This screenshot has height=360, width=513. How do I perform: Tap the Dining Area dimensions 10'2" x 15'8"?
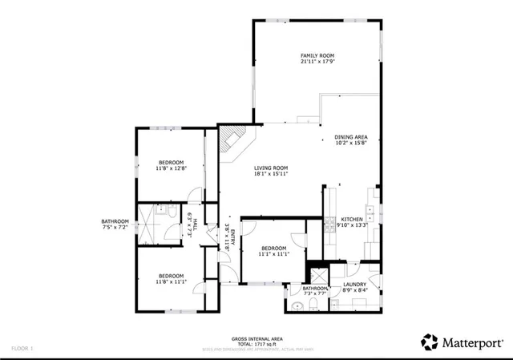350,144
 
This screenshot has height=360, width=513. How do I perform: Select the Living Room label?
271,168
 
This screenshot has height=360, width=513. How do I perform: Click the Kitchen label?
353,219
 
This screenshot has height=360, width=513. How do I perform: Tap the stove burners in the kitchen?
331,227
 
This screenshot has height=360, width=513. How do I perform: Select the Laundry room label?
355,284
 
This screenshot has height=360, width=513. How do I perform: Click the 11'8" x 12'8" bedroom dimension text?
170,168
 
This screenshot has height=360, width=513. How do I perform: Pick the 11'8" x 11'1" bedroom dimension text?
170,281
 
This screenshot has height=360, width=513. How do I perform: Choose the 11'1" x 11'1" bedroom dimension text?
273,254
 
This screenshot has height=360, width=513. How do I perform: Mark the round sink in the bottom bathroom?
297,305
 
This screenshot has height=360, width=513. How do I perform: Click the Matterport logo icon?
430,342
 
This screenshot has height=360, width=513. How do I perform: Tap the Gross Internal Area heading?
256,338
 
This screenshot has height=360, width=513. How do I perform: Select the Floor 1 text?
22,349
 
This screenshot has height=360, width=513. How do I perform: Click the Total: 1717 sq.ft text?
256,344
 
